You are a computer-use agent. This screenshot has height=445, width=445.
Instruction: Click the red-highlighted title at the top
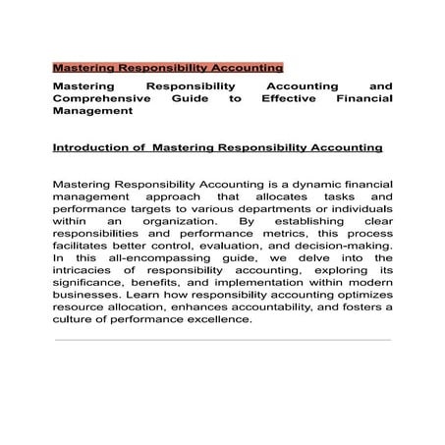tap(167, 69)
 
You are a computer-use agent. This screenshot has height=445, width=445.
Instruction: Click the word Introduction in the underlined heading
tap(93, 148)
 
